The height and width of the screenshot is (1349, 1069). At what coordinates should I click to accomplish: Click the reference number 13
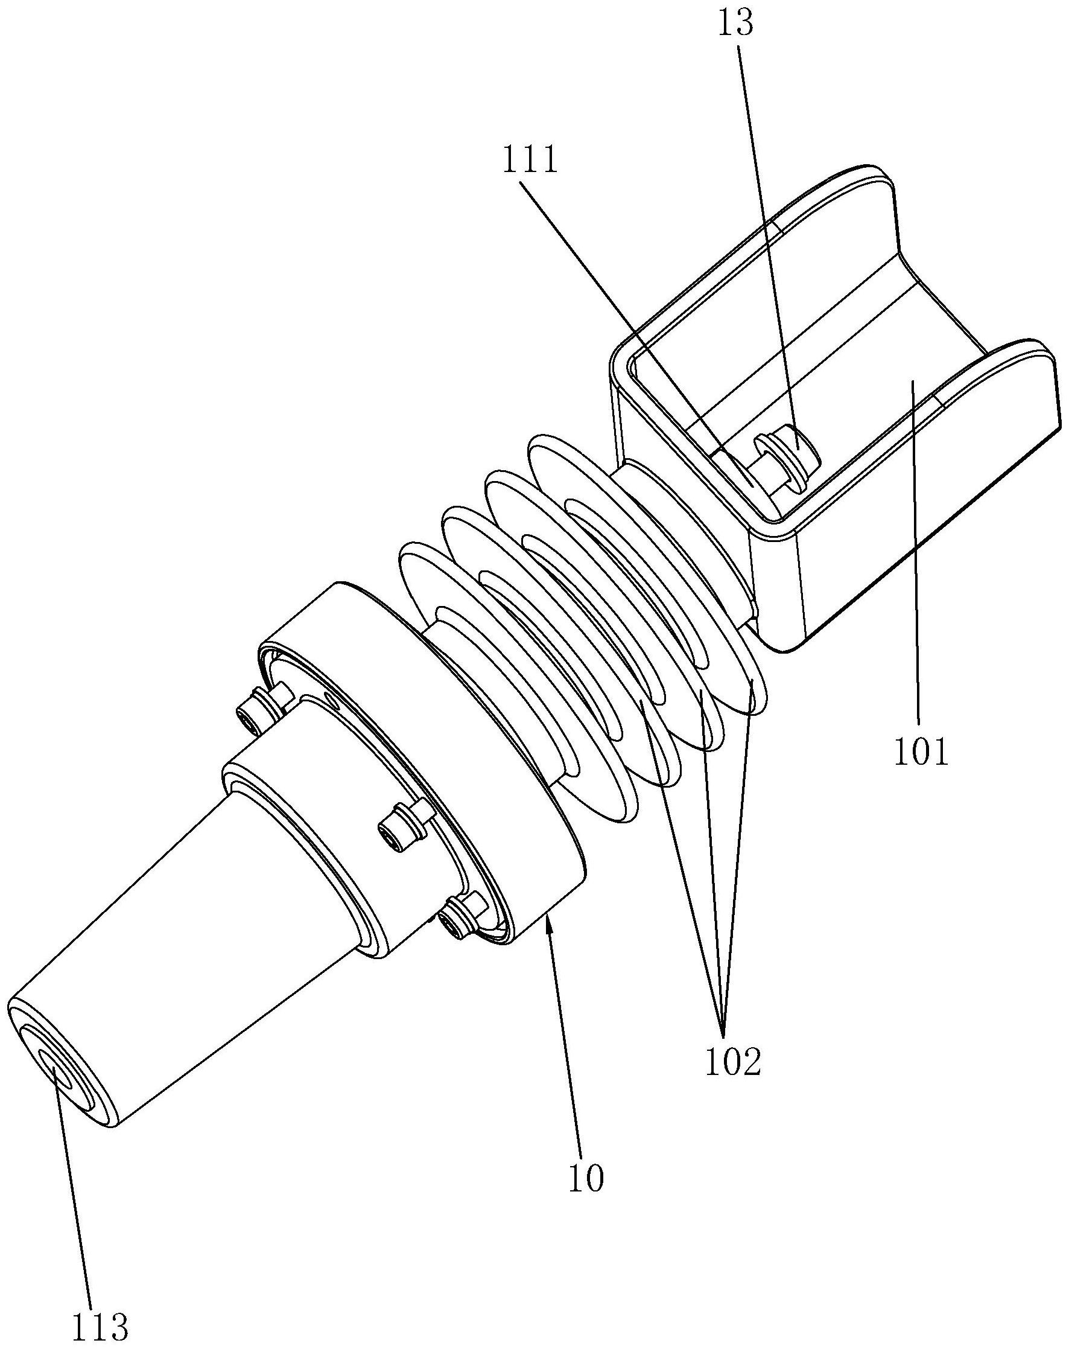[737, 24]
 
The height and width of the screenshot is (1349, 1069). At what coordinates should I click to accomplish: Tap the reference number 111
[529, 161]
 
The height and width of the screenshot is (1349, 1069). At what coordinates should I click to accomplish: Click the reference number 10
[586, 1178]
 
